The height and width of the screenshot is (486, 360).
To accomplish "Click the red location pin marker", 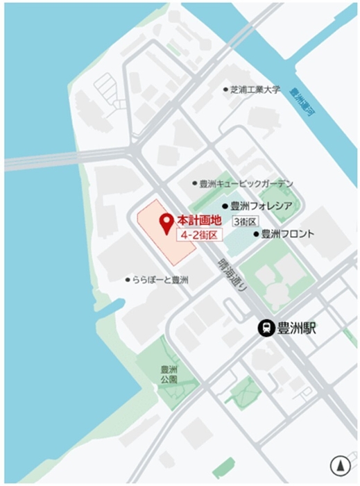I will point(166,224).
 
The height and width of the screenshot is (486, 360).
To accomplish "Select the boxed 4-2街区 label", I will point(198,235).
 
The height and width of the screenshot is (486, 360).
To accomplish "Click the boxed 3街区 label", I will point(246,221).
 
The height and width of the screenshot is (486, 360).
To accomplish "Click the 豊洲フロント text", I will point(287,234).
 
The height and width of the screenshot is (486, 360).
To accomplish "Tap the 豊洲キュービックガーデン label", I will point(246,184).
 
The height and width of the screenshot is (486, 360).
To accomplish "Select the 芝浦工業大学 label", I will point(256,90).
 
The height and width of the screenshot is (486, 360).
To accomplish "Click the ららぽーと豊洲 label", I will point(161,280).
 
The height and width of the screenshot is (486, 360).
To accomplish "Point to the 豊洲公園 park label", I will point(169,375).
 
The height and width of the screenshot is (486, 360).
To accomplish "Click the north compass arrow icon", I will point(340,464).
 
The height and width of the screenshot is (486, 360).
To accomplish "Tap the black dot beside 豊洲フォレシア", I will point(225,206).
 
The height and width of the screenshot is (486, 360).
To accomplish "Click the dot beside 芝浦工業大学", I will point(225,90).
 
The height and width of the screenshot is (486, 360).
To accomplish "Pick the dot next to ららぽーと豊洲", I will point(128,280).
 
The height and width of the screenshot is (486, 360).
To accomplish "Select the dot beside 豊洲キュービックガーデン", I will point(195,184).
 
